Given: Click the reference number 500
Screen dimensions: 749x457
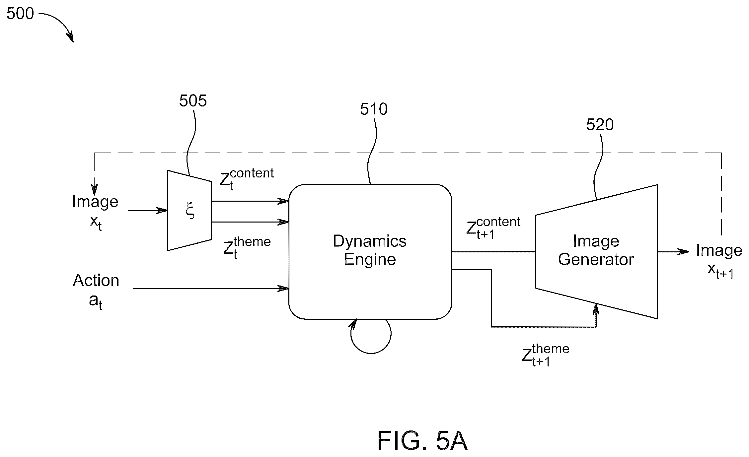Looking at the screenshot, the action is pos(20,14).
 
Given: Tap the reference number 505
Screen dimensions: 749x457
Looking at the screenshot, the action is pos(193,100).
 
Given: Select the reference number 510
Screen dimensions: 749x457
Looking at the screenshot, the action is pos(374,109).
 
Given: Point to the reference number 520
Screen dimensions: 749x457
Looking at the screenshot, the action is pos(600,125).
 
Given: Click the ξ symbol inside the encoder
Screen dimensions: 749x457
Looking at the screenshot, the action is pos(190,211).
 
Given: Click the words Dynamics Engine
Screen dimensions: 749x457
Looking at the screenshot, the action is pos(370,250).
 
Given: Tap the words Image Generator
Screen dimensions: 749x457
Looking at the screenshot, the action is pos(596,250).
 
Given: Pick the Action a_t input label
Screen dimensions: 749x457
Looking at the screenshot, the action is pos(96,291).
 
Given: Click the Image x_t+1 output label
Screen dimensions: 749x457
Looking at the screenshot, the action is pos(719,260).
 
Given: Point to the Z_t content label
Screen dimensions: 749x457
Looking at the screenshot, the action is pos(247,179).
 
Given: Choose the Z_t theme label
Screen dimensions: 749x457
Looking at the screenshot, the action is pos(247,248).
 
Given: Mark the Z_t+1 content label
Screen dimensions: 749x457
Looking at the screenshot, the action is pos(493,228).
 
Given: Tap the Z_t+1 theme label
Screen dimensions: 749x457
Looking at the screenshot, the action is pos(546,355).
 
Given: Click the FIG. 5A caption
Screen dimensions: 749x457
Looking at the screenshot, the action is pos(422,440).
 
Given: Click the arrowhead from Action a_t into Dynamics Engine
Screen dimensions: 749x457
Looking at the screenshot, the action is pos(283,289).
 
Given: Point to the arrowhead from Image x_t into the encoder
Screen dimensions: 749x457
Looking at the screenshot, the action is pos(162,211).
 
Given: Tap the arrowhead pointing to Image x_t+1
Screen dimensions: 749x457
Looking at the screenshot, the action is pos(684,252).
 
